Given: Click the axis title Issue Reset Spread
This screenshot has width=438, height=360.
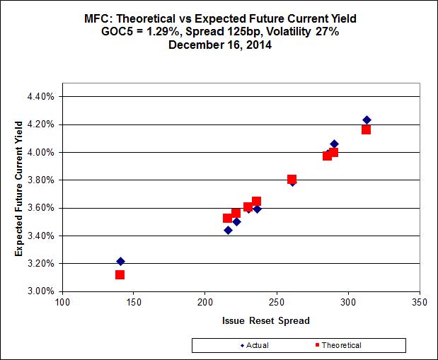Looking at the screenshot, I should (x=265, y=320).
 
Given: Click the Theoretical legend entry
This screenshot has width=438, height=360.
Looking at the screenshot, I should (x=337, y=345).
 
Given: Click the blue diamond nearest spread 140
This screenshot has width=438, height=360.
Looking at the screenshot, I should (x=120, y=262).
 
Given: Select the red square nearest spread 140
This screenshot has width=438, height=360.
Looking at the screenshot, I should (x=120, y=274).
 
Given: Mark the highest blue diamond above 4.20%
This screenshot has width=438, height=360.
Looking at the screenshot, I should (x=367, y=120).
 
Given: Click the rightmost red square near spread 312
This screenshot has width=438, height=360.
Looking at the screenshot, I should (x=366, y=129).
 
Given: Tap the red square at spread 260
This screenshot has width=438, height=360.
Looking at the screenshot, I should (x=292, y=180).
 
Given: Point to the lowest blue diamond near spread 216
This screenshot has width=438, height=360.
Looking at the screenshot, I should (x=228, y=230).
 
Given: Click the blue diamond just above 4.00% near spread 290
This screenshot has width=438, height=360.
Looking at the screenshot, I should (x=334, y=144).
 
